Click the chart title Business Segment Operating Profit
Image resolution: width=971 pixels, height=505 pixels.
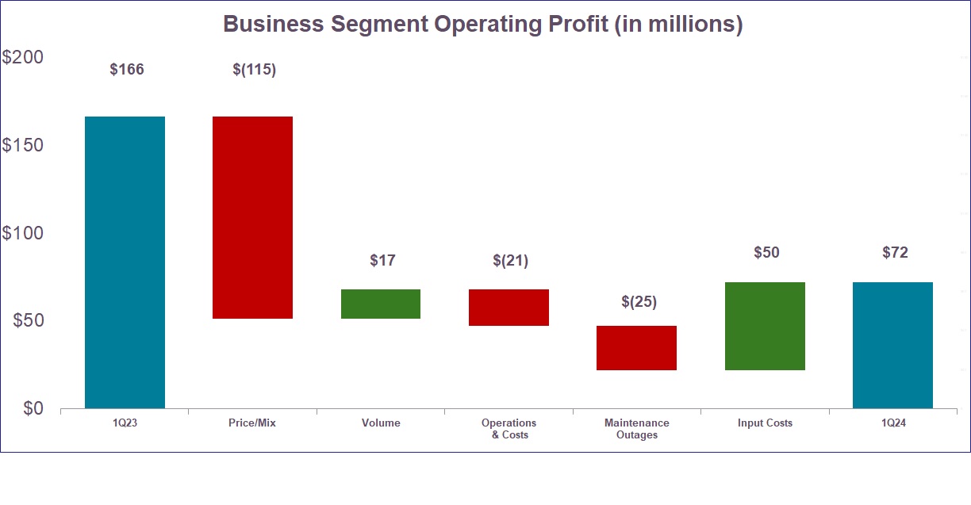[x=482, y=24]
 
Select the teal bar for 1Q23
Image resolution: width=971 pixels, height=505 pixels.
[x=125, y=262]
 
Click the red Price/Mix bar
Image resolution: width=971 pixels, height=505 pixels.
[x=252, y=217]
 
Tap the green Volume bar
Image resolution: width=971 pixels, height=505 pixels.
[x=381, y=304]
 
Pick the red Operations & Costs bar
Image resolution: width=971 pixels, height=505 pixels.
[x=509, y=308]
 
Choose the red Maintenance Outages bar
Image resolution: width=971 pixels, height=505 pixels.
[x=636, y=348]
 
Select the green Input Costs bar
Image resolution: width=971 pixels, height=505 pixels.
[x=765, y=326]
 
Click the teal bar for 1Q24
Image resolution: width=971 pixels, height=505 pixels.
[x=892, y=345]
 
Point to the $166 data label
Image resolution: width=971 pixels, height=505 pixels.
[x=127, y=70]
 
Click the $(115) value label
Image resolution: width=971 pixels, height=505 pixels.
[x=254, y=70]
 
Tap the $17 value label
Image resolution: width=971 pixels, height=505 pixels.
[x=382, y=260]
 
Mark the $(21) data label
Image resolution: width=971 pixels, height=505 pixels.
[x=510, y=260]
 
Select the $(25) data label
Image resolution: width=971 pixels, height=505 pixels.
[x=639, y=302]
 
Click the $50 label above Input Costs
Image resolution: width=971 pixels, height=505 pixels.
[x=766, y=253]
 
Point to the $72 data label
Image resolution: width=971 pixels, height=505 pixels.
[x=895, y=253]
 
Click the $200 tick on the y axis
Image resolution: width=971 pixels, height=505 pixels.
[x=23, y=58]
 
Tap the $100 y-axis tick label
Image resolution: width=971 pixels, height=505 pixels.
[x=23, y=233]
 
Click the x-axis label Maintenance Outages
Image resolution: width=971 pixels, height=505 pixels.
[x=636, y=429]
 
